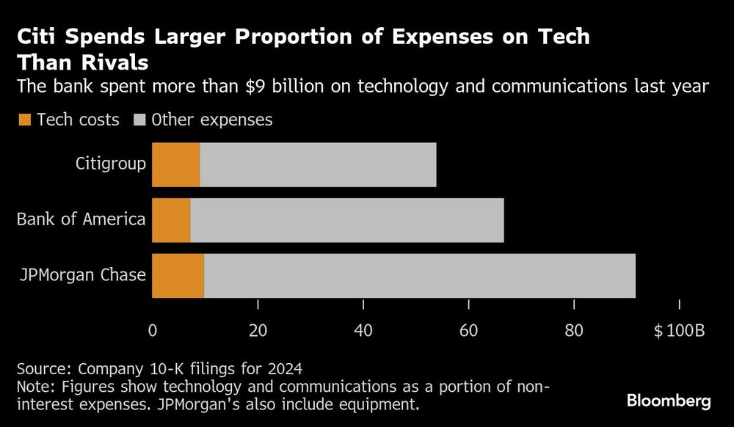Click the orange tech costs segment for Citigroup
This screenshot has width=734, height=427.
pos(175,165)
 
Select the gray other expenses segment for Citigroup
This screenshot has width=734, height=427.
pos(318,165)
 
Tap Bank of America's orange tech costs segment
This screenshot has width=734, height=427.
pos(171,220)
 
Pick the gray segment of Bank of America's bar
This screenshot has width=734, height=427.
pos(347,220)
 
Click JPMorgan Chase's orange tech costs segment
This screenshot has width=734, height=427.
pos(178,275)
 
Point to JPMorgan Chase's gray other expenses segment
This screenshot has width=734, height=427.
pos(420,275)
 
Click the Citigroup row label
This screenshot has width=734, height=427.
pos(110,164)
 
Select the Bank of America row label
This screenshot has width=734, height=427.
pos(81,219)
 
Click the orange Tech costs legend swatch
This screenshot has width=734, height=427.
pos(24,120)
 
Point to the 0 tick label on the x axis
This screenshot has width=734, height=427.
pos(152,330)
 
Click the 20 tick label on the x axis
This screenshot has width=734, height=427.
pos(258,330)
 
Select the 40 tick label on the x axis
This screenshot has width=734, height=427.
pos(363,330)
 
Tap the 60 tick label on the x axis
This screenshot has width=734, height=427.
pos(469,330)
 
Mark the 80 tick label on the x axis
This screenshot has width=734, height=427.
pos(575,330)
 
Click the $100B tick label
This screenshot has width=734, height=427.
pos(679,330)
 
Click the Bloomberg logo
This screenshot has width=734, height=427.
pos(669,401)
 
